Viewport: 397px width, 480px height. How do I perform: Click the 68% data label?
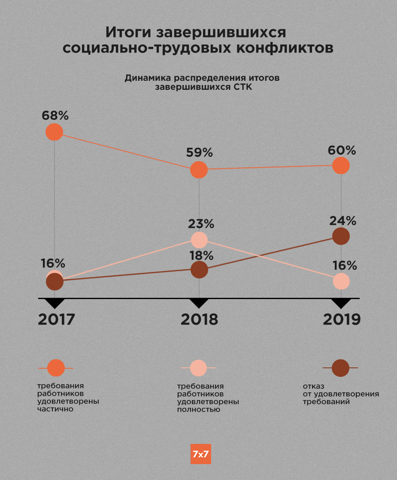click(x=55, y=116)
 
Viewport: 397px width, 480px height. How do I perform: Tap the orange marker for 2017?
click(x=55, y=132)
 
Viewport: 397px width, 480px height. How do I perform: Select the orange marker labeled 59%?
click(x=199, y=170)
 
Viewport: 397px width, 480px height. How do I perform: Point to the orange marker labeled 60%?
click(x=341, y=165)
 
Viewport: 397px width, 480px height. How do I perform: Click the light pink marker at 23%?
click(x=199, y=239)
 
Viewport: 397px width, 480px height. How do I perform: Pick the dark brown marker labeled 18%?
click(x=199, y=269)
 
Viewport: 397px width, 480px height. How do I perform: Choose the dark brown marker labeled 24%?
click(x=341, y=236)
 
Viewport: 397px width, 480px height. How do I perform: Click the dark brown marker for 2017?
click(x=55, y=282)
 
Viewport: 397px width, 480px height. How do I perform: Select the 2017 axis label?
click(x=57, y=319)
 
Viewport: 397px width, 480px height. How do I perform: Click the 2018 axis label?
click(x=199, y=319)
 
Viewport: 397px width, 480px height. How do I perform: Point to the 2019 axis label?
click(x=342, y=319)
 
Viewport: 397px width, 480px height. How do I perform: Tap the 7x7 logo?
click(x=200, y=454)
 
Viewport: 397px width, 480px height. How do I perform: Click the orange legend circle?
click(x=56, y=368)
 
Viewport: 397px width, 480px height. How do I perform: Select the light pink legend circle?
click(x=198, y=368)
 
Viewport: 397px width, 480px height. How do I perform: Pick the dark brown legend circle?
click(x=340, y=368)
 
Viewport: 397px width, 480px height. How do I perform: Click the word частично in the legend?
click(x=55, y=409)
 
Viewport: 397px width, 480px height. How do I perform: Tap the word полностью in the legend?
click(x=199, y=410)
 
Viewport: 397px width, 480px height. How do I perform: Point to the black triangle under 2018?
click(x=199, y=304)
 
